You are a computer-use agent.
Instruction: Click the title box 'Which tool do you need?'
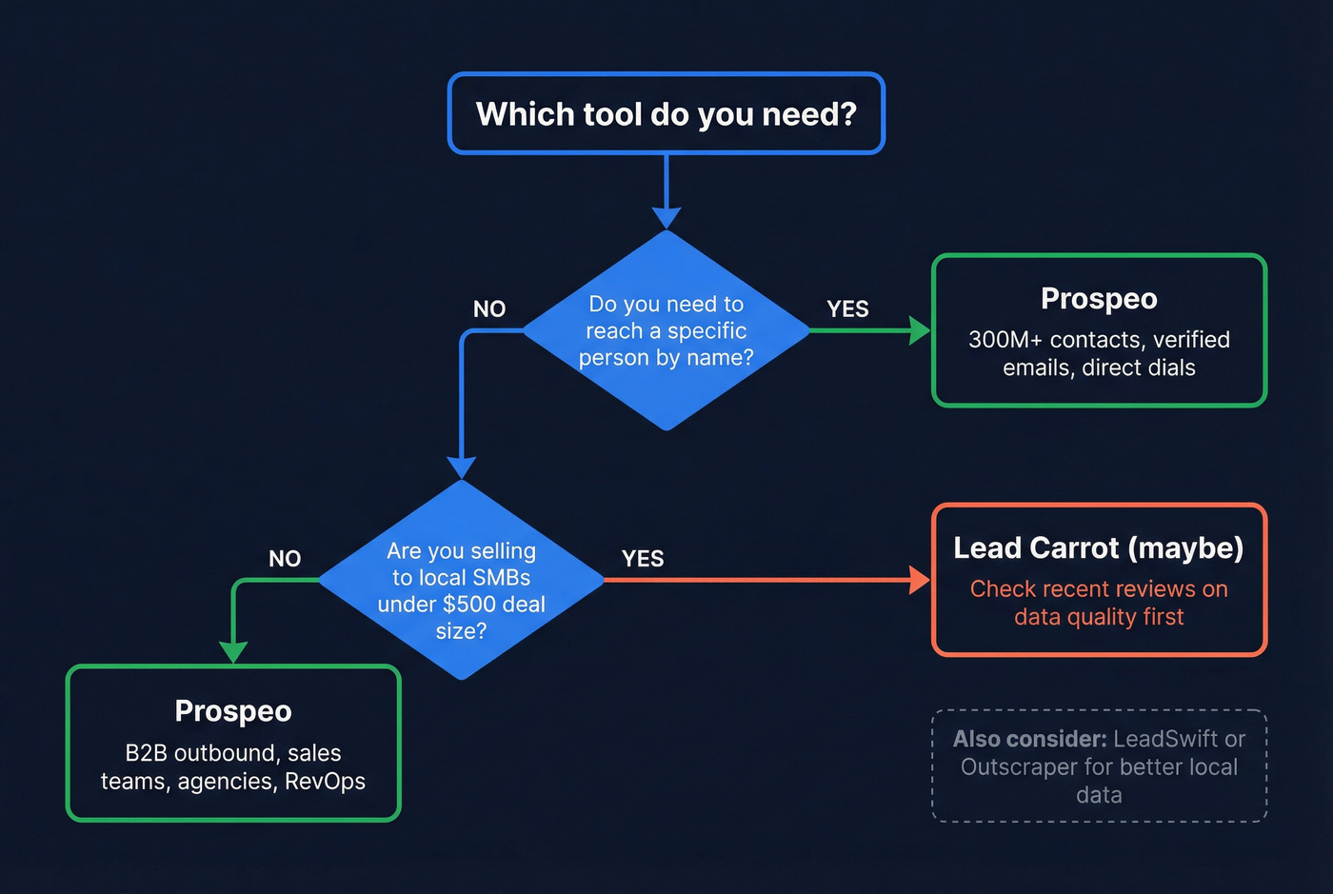click(666, 113)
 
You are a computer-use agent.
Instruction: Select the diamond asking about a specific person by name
click(666, 330)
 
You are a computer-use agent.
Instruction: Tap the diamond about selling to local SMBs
click(462, 580)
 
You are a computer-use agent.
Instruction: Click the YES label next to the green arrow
click(847, 309)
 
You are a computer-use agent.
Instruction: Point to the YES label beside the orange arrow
click(643, 559)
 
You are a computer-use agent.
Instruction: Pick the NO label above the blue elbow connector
click(489, 309)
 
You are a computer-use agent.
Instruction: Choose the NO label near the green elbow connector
click(285, 559)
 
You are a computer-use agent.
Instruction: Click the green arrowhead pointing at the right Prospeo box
click(920, 330)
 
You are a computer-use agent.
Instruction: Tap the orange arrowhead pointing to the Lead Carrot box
click(920, 580)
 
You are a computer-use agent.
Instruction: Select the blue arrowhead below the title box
click(666, 217)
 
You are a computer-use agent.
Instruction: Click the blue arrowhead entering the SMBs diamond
click(462, 467)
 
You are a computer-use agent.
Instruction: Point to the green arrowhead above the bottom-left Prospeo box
click(233, 652)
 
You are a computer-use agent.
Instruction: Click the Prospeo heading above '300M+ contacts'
click(1099, 299)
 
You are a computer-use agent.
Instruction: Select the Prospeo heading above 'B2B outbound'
click(233, 711)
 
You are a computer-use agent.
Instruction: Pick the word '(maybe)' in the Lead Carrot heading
click(1185, 548)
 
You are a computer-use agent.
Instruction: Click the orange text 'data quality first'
click(1099, 617)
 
